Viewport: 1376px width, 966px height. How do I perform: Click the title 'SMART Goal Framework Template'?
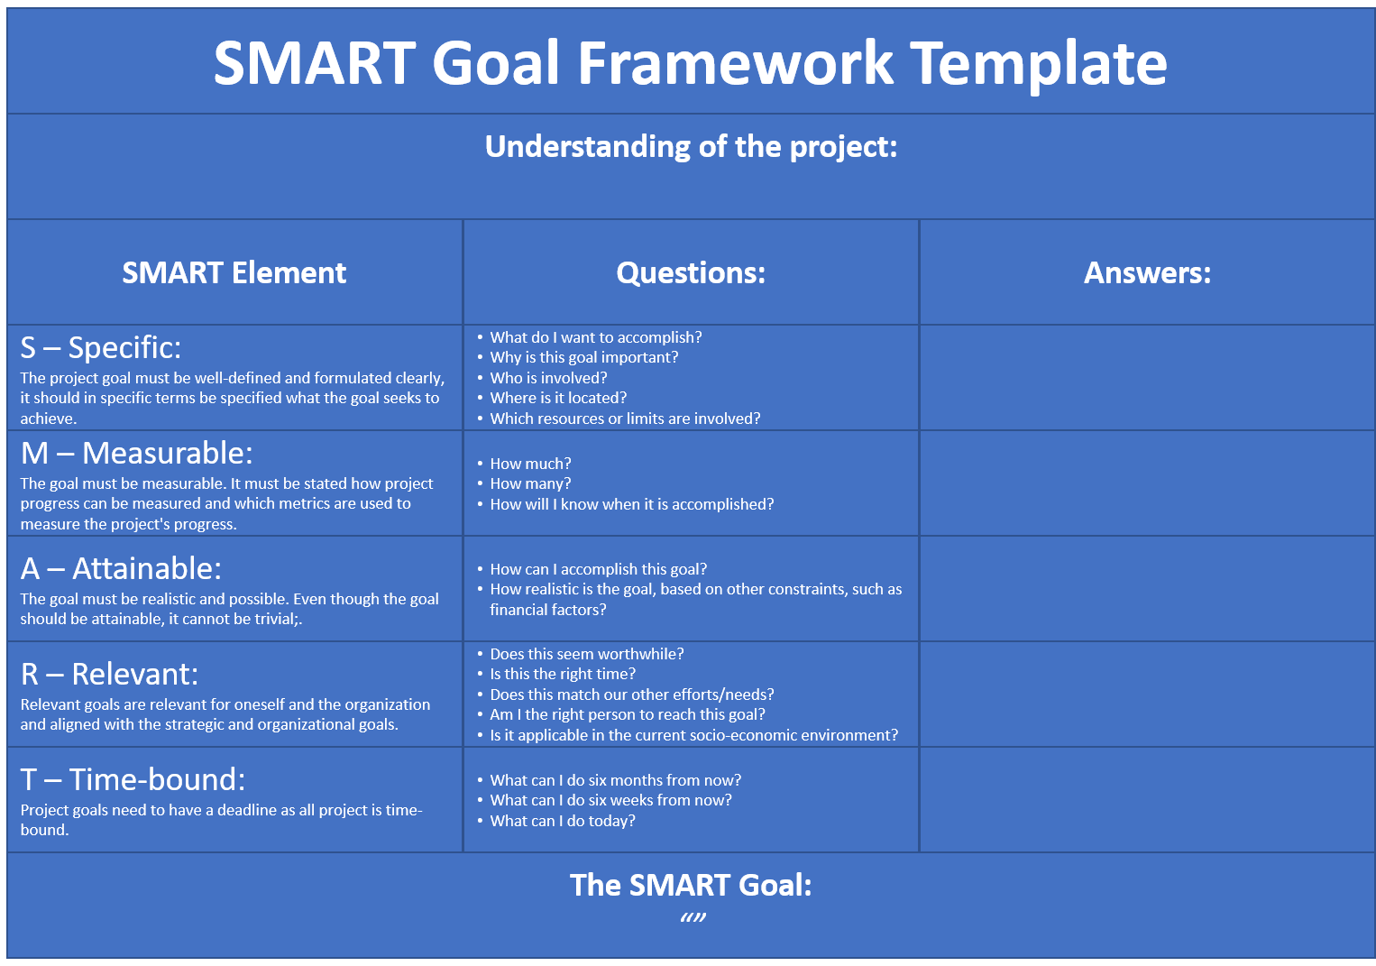(x=690, y=63)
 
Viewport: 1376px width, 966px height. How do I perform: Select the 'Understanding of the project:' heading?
(x=691, y=148)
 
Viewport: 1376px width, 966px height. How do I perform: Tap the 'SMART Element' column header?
(x=234, y=272)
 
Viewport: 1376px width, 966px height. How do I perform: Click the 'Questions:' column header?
(x=691, y=272)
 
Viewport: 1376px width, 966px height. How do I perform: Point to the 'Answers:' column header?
(x=1147, y=272)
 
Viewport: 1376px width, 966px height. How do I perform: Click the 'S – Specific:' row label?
(x=101, y=348)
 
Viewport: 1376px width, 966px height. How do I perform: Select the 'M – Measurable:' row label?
(x=136, y=454)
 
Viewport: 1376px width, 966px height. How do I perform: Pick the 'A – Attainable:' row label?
(x=121, y=568)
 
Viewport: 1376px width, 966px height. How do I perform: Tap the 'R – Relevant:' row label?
(x=109, y=674)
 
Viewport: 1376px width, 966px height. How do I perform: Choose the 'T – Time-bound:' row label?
(x=133, y=780)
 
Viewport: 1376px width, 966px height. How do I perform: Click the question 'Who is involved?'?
(x=548, y=378)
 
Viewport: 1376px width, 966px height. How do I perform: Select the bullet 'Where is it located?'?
(x=558, y=398)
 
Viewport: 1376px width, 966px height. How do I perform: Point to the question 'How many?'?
(x=530, y=484)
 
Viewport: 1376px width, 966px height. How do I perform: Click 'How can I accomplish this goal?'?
(x=599, y=570)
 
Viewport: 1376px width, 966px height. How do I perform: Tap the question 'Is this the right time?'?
(x=563, y=674)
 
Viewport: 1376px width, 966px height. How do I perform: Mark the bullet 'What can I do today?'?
(x=563, y=821)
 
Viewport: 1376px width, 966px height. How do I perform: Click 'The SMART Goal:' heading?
(x=691, y=886)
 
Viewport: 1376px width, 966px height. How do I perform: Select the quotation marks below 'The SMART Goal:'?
(x=693, y=918)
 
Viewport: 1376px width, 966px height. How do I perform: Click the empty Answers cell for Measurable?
(x=1147, y=483)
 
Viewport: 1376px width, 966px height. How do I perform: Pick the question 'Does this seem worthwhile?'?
(x=587, y=654)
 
